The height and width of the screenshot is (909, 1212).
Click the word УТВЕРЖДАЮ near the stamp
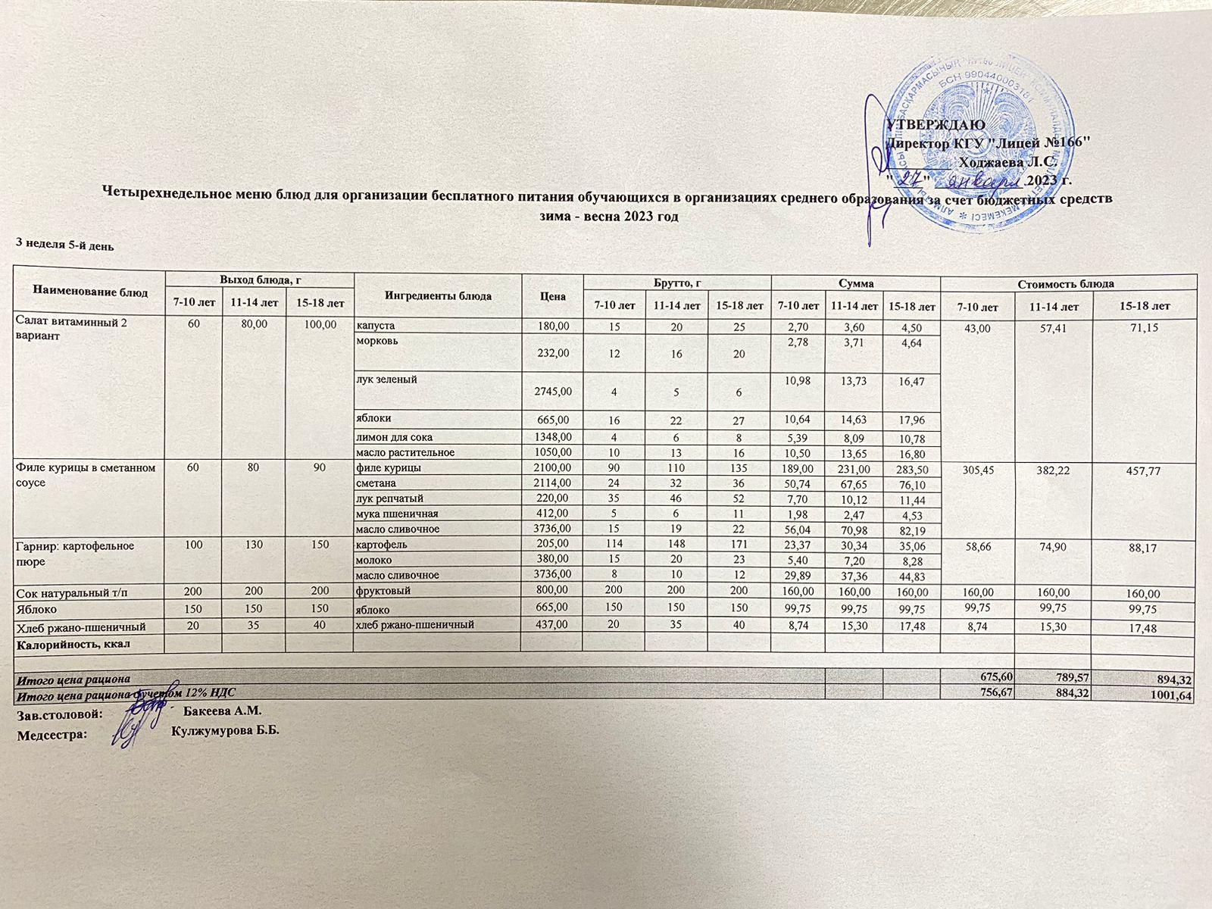[x=936, y=124]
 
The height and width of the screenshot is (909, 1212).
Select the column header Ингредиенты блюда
[x=438, y=295]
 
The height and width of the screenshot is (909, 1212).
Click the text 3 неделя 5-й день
[x=65, y=245]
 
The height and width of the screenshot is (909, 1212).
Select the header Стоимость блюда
[x=1067, y=284]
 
